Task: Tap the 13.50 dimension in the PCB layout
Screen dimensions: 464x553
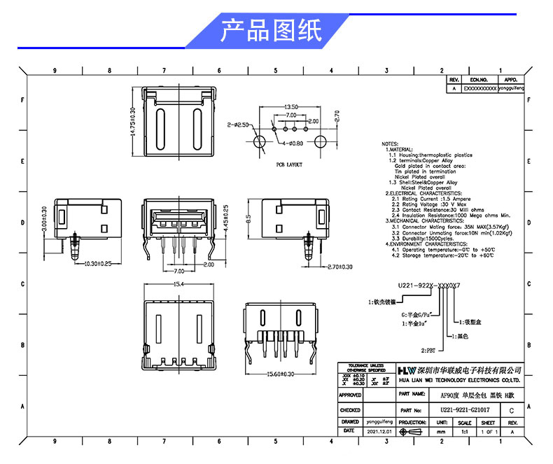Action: [x=290, y=106]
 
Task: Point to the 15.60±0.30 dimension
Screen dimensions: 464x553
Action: [x=280, y=374]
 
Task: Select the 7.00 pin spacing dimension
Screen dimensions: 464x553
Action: [x=178, y=270]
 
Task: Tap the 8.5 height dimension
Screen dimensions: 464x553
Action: [x=247, y=218]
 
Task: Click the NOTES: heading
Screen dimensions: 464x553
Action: [x=390, y=143]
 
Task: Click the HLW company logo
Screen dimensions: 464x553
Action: [x=407, y=369]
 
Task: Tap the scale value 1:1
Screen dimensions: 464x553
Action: [x=464, y=433]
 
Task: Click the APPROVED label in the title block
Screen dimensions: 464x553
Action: [x=350, y=395]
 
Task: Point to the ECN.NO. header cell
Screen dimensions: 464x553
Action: [x=479, y=80]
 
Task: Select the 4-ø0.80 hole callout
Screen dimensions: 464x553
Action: [x=293, y=143]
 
